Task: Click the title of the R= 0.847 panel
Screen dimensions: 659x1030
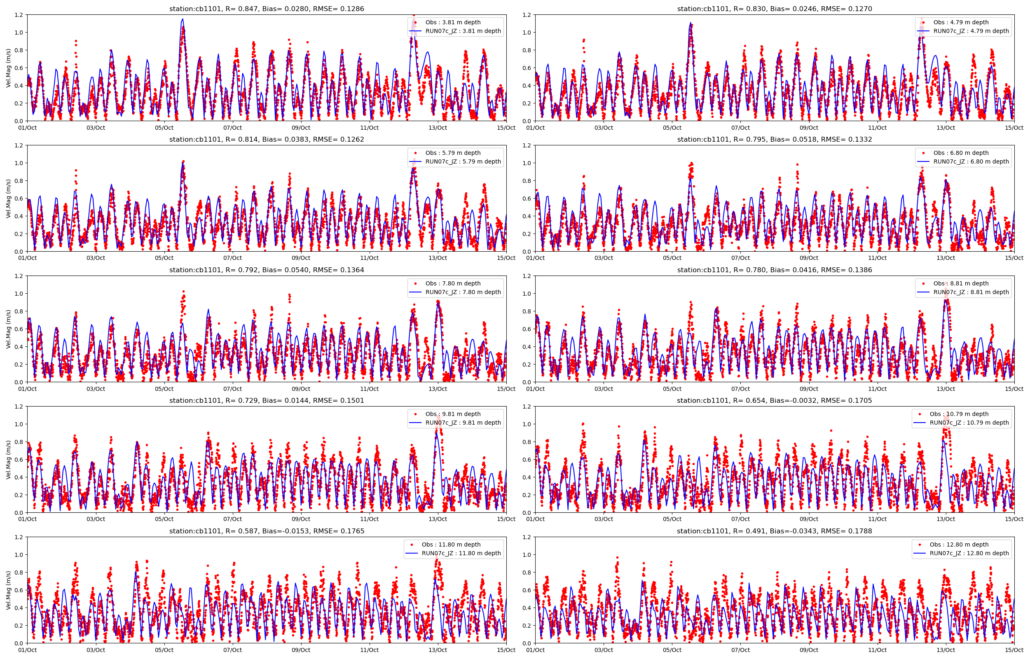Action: click(x=267, y=9)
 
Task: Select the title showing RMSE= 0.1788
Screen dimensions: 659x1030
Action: click(x=774, y=531)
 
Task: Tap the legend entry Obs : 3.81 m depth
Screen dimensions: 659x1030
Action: click(x=453, y=22)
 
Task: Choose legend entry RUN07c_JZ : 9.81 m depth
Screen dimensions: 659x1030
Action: click(x=463, y=422)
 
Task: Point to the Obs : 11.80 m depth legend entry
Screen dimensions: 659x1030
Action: click(x=451, y=544)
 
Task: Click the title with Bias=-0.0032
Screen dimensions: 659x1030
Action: click(x=774, y=400)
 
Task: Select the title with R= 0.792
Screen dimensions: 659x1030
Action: click(x=267, y=270)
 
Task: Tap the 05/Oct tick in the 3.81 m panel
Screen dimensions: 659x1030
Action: click(x=164, y=128)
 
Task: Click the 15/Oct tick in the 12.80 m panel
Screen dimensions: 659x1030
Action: click(x=1014, y=650)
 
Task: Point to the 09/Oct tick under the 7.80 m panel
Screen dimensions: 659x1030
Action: click(x=301, y=389)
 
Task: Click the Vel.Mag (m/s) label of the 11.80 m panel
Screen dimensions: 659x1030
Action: click(x=8, y=590)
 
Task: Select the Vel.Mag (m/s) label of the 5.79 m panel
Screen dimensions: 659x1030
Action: click(x=8, y=199)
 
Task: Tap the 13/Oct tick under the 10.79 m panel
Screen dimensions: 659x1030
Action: click(x=946, y=519)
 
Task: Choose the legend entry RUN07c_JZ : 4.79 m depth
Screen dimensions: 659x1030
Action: click(x=971, y=31)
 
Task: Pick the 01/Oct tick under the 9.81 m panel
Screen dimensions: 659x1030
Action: click(x=27, y=519)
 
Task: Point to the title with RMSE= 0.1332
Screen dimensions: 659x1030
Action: click(x=774, y=140)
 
